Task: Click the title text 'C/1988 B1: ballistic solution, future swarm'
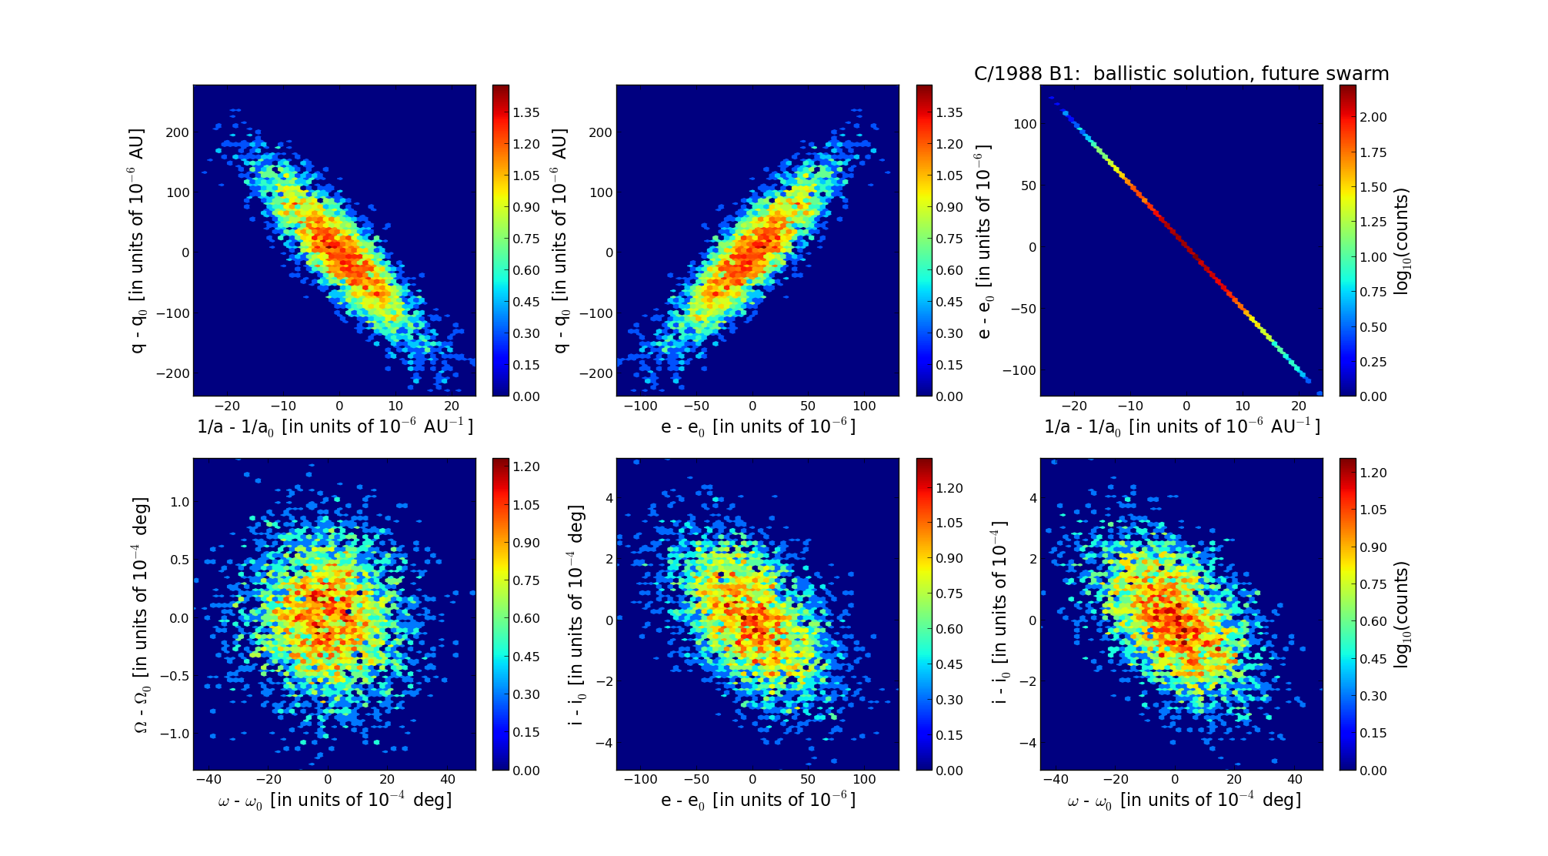tap(1181, 74)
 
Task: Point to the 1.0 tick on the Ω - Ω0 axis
tap(178, 502)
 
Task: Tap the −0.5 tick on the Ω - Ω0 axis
tap(175, 676)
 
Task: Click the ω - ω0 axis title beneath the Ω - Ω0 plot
tap(335, 801)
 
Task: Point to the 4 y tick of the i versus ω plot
tap(1033, 498)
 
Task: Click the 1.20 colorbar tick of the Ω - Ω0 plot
tap(527, 466)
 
